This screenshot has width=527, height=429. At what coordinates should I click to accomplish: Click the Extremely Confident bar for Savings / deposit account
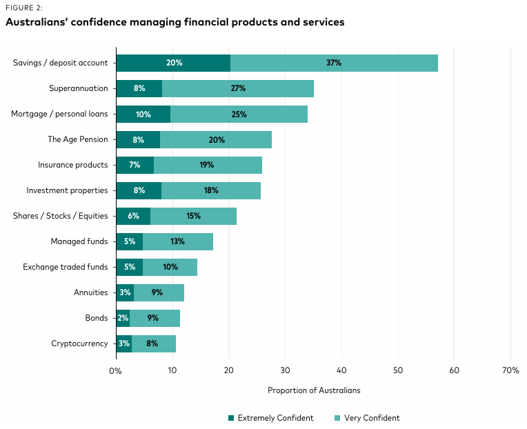[172, 63]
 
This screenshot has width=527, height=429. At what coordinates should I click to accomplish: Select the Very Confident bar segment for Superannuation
[238, 88]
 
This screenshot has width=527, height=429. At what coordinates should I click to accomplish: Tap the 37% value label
[334, 63]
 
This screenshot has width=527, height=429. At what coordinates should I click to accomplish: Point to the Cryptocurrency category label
[79, 343]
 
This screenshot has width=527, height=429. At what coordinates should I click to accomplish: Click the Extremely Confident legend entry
[271, 418]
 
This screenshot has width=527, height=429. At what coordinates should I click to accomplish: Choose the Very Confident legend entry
[367, 418]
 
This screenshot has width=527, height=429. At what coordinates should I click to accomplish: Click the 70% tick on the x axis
[510, 370]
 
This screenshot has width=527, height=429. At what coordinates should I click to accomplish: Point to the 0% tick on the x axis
[115, 370]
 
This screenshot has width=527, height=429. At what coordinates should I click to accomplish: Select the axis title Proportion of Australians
[314, 390]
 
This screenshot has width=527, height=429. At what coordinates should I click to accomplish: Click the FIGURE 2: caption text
[24, 8]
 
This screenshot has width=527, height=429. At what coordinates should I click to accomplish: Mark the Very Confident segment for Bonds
[155, 318]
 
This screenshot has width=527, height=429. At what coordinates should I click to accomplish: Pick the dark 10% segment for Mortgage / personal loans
[143, 114]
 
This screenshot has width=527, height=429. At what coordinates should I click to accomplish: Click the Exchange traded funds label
[66, 267]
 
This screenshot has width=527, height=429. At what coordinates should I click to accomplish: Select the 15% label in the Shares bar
[193, 216]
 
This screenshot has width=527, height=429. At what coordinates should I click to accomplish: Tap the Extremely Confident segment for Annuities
[124, 292]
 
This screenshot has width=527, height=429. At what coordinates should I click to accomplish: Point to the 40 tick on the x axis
[341, 370]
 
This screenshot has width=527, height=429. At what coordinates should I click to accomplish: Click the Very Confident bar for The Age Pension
[216, 139]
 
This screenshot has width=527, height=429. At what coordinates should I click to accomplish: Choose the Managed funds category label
[79, 241]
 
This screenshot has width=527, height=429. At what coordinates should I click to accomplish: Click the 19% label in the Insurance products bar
[206, 165]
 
